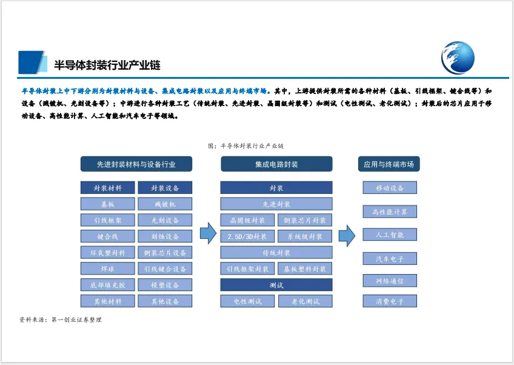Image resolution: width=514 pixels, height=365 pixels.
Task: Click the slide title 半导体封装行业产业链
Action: (107, 64)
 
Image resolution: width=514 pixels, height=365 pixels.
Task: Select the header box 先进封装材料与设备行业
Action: (136, 164)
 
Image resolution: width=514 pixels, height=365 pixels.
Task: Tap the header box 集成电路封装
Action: (276, 164)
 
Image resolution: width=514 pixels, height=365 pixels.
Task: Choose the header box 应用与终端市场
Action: (389, 164)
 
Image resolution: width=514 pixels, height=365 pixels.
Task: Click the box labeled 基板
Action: (108, 204)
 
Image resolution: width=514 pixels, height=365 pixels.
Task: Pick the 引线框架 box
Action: (108, 220)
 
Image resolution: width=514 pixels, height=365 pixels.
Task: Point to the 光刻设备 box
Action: (165, 220)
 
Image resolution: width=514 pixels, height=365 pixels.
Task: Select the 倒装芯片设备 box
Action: (165, 252)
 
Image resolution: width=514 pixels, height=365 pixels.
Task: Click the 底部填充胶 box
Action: (108, 285)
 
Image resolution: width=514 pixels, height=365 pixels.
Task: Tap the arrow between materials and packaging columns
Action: (208, 233)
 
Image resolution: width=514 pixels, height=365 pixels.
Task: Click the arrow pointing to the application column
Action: (346, 235)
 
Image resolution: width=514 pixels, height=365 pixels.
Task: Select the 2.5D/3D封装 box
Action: (247, 236)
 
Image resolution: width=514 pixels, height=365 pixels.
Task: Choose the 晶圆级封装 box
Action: (247, 220)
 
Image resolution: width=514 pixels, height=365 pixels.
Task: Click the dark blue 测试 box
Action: (276, 285)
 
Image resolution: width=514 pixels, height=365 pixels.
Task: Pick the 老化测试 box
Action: (305, 301)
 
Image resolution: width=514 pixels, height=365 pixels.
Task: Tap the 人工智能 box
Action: (390, 235)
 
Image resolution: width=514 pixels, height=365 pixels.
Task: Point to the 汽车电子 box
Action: (390, 259)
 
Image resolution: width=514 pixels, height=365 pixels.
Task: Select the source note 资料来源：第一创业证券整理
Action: (61, 320)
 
